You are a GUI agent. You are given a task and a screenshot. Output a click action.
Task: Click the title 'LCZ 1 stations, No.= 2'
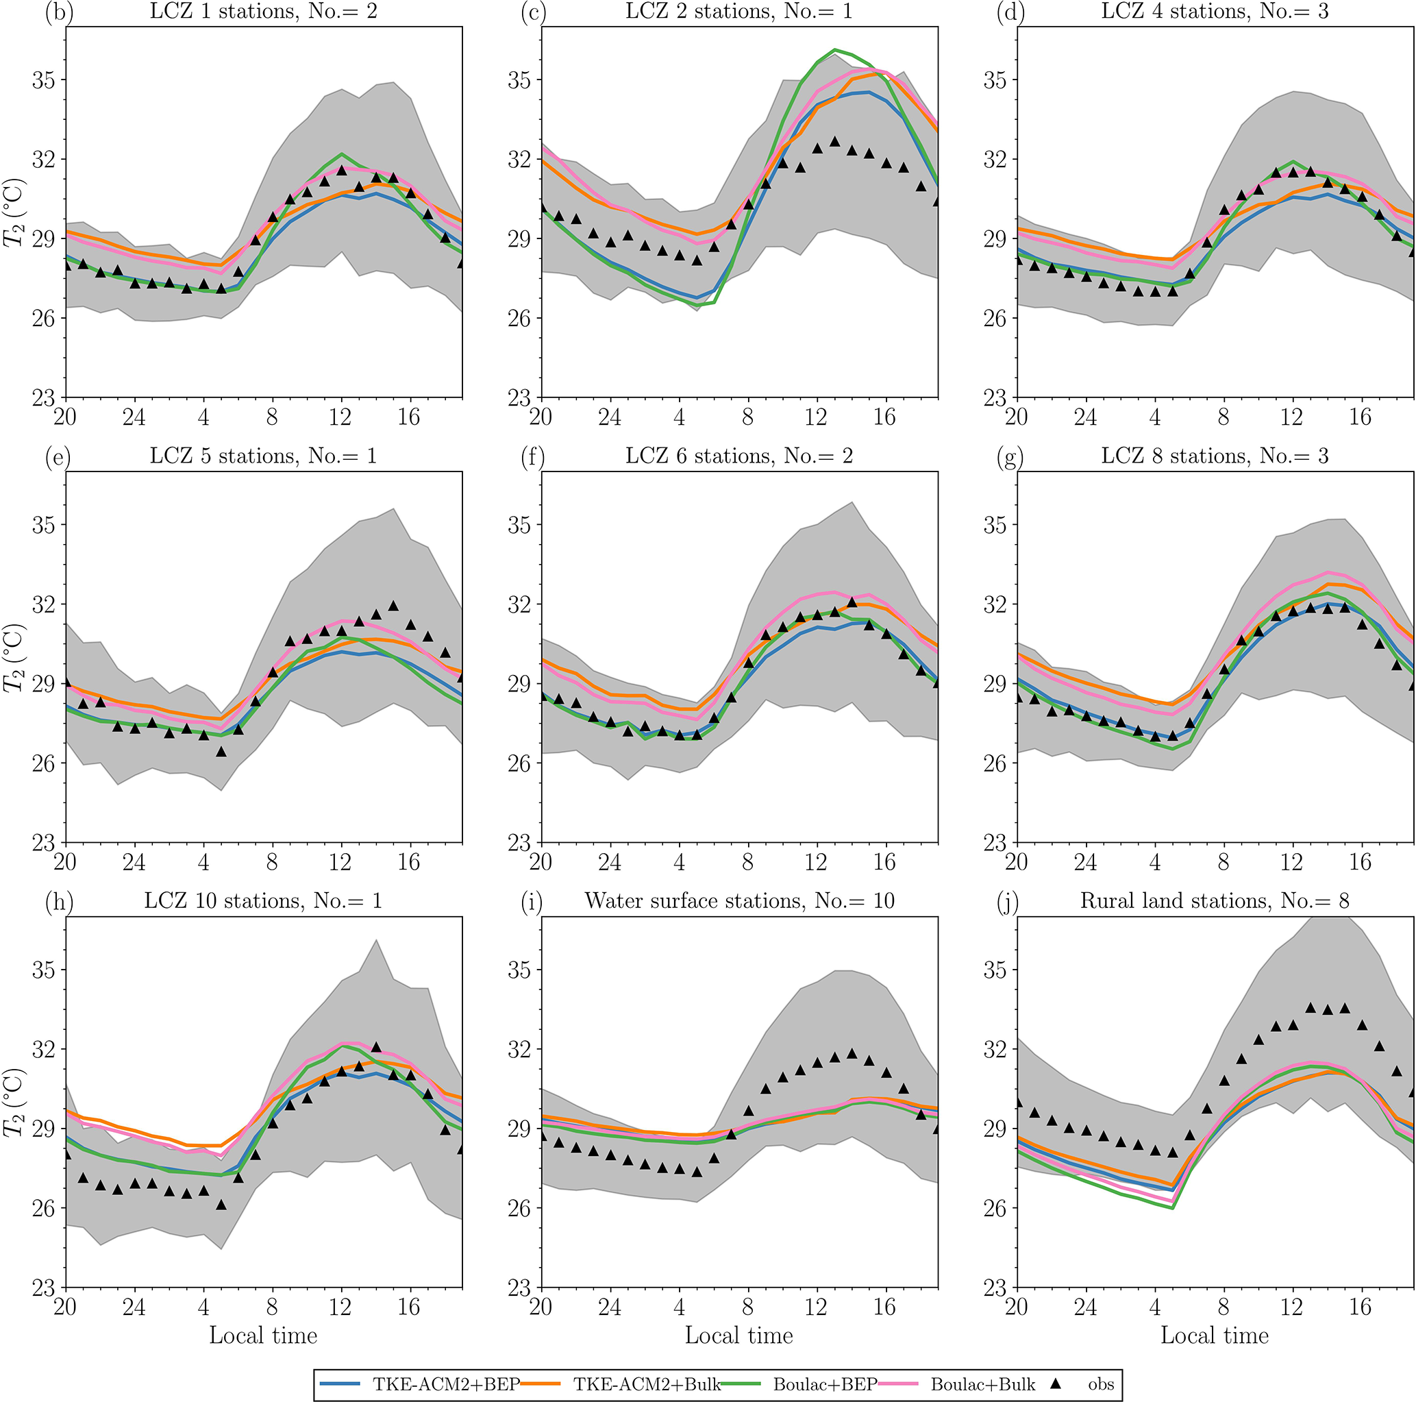coord(263,11)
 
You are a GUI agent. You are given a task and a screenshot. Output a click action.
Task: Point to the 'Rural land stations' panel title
coord(1215,900)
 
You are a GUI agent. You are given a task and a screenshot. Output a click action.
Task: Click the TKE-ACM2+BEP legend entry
coord(445,1384)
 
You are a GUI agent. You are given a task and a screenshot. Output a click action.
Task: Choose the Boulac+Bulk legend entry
coord(982,1384)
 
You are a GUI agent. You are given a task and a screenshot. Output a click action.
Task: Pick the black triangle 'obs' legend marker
coord(1056,1383)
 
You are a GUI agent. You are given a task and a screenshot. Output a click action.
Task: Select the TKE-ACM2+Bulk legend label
coord(647,1384)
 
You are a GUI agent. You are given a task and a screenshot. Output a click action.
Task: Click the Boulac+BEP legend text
coord(825,1384)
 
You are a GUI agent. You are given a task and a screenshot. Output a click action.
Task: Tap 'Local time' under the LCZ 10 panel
coord(263,1335)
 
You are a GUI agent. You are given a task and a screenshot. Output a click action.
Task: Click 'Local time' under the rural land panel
coord(1215,1335)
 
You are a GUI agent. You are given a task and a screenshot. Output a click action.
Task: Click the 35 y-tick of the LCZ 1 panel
coord(43,80)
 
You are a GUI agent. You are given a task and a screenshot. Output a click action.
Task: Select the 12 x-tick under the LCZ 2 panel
coord(816,417)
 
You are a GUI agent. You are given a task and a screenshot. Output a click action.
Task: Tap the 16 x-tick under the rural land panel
coord(1361,1307)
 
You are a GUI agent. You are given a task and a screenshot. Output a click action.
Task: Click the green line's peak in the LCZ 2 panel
coord(834,50)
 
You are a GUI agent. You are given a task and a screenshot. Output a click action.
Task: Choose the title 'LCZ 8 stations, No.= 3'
coord(1215,456)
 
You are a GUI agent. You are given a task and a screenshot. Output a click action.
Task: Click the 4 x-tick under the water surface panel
coord(679,1307)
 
